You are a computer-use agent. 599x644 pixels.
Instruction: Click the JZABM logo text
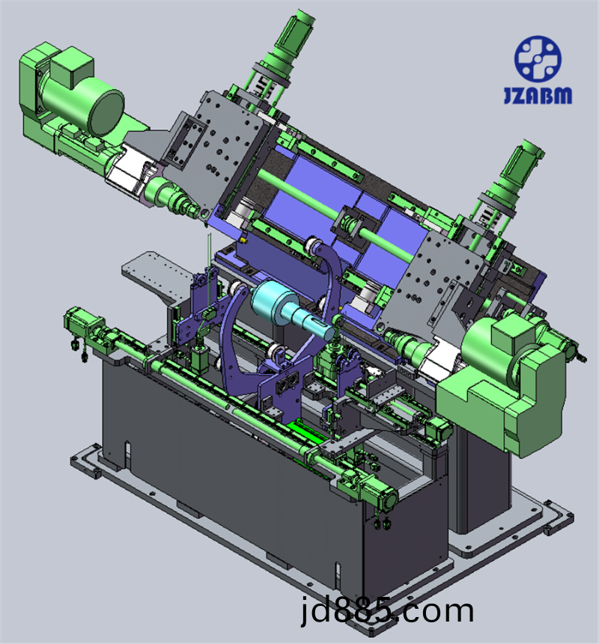538,95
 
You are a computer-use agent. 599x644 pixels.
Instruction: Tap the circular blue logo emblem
538,58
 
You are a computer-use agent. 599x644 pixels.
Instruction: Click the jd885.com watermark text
387,611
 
